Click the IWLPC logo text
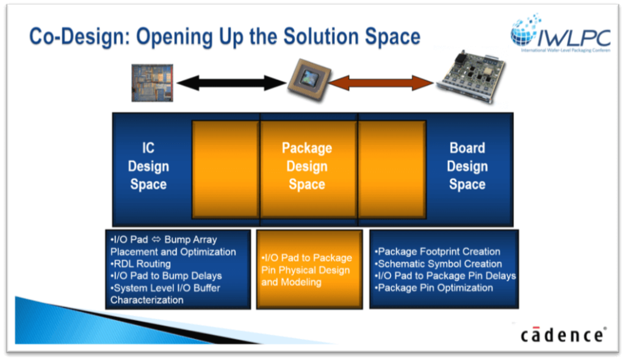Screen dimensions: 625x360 click(574, 38)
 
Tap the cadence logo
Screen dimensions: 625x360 click(563, 334)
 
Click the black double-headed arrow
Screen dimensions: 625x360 click(231, 83)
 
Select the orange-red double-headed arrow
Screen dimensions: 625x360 click(381, 83)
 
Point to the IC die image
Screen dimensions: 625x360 click(152, 83)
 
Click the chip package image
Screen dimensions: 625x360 click(309, 79)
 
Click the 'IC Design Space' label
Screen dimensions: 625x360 click(148, 166)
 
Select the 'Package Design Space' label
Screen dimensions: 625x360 click(307, 166)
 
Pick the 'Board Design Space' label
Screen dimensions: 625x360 click(467, 166)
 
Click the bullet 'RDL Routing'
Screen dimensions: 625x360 click(141, 264)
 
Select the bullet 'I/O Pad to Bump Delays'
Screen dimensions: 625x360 click(166, 276)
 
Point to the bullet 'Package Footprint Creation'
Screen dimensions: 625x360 click(437, 251)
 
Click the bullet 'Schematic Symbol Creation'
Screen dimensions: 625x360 click(438, 264)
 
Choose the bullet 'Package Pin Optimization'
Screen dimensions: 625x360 click(434, 288)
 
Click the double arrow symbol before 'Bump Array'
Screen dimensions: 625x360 click(156, 239)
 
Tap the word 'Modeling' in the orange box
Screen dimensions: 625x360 click(301, 283)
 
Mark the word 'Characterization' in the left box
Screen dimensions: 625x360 click(146, 300)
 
